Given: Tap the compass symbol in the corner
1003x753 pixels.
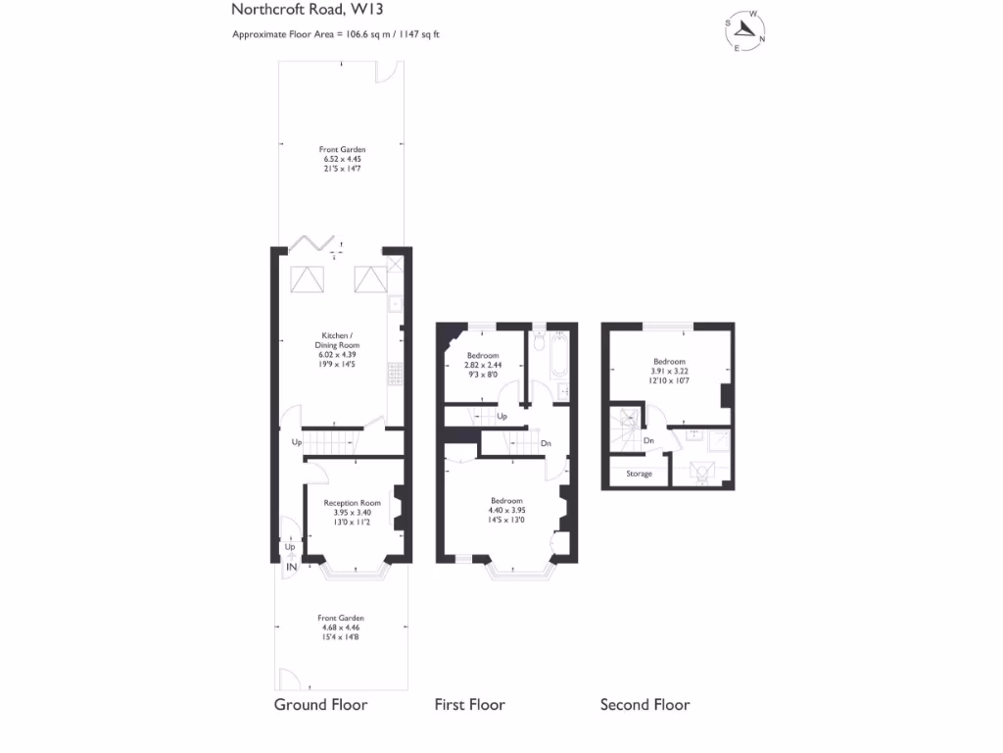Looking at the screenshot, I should [744, 31].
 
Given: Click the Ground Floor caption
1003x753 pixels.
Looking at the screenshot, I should [320, 705].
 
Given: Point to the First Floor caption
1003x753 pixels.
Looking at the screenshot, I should [470, 705].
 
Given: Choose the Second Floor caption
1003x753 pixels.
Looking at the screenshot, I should [645, 705].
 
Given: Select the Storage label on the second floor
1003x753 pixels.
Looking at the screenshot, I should [639, 474].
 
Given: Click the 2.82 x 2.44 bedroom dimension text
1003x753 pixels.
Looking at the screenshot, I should [482, 364].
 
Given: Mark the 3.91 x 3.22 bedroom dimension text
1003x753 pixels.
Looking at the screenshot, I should [670, 372].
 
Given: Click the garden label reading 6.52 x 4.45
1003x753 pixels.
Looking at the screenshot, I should [342, 159].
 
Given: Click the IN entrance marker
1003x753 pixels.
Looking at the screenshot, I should [291, 568].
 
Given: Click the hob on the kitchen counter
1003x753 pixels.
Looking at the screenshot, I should [395, 375].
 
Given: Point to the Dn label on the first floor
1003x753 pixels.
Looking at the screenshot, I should [545, 443].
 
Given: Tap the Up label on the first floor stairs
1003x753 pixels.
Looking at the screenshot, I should [502, 417].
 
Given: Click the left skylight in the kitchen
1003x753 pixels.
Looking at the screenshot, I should [307, 280].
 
